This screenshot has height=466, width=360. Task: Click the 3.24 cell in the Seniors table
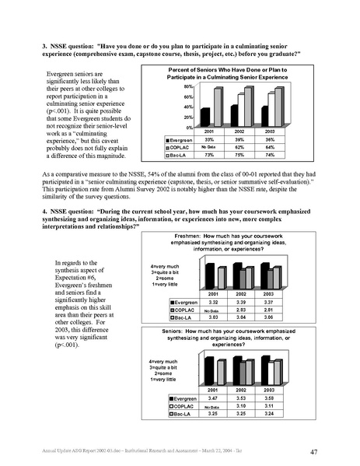[270, 413]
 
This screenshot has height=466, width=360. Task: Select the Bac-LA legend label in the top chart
[178, 153]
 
